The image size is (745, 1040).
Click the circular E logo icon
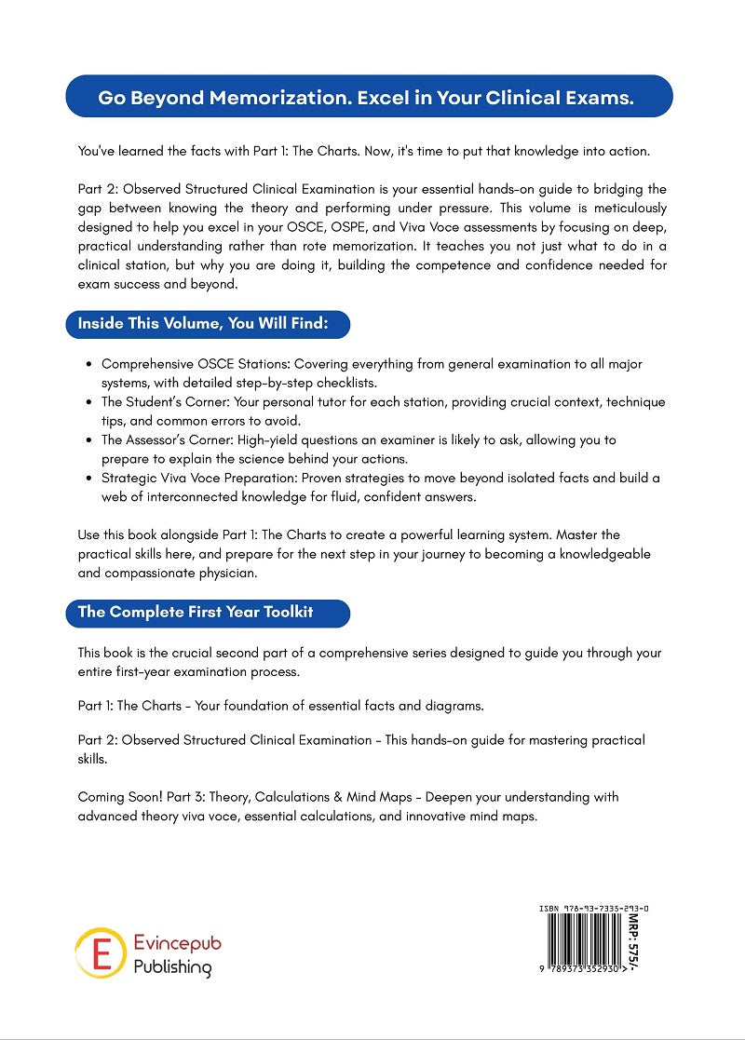(100, 952)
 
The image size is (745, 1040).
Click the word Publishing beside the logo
(172, 966)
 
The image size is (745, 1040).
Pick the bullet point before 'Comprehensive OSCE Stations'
(88, 364)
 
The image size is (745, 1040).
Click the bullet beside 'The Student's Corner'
(88, 402)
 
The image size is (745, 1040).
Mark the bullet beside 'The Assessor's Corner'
(88, 439)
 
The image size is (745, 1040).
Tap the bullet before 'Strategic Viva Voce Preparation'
(88, 478)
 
